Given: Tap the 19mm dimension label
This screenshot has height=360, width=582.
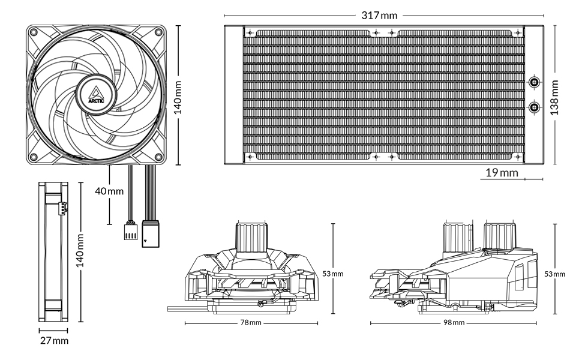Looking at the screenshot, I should coord(501,173).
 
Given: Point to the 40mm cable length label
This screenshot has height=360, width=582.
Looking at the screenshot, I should coord(109,191).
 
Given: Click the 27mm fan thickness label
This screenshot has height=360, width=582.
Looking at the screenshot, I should coord(53,341).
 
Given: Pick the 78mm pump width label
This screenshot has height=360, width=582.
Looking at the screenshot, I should coord(251,323).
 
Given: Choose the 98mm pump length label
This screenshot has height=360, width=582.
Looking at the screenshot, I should coord(455,323).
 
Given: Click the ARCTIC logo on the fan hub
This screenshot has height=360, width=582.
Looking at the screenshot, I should coord(95,94).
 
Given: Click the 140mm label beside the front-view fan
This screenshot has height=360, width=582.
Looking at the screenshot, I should coord(178,94).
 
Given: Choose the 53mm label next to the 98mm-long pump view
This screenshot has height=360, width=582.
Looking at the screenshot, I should coord(554,274).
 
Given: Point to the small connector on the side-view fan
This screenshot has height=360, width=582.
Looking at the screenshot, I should coord(62,208).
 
